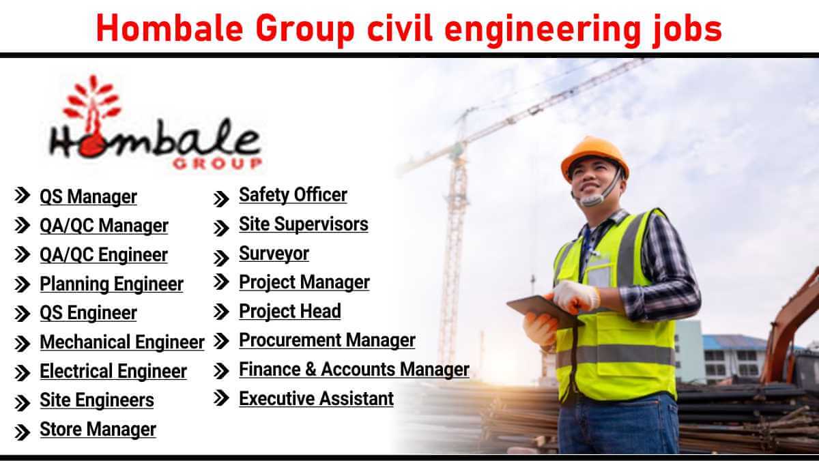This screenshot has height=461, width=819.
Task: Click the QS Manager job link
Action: click(x=88, y=197)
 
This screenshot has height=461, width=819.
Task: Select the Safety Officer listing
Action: click(x=293, y=195)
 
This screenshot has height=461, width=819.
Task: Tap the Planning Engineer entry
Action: click(x=111, y=284)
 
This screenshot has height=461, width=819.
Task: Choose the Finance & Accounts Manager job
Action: click(x=354, y=370)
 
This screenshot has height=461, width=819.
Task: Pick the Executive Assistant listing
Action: click(x=316, y=398)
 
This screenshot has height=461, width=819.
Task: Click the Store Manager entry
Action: click(x=98, y=429)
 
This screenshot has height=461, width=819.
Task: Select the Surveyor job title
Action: click(x=274, y=254)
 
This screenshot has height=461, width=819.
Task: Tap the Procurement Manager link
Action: click(x=327, y=340)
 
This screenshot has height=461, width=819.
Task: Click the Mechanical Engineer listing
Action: click(x=122, y=342)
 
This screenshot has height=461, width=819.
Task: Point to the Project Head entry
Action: click(x=290, y=312)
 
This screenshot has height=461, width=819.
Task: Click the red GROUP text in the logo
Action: click(x=218, y=164)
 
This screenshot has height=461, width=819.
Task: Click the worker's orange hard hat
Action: click(x=595, y=157)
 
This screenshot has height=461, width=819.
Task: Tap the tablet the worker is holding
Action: click(x=544, y=310)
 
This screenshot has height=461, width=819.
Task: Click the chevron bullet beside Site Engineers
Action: click(x=23, y=402)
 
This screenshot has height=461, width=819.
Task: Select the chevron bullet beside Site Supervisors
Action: click(x=221, y=228)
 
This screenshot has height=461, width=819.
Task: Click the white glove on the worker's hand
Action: click(x=575, y=297)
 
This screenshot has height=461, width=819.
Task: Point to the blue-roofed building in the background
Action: click(x=735, y=358)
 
